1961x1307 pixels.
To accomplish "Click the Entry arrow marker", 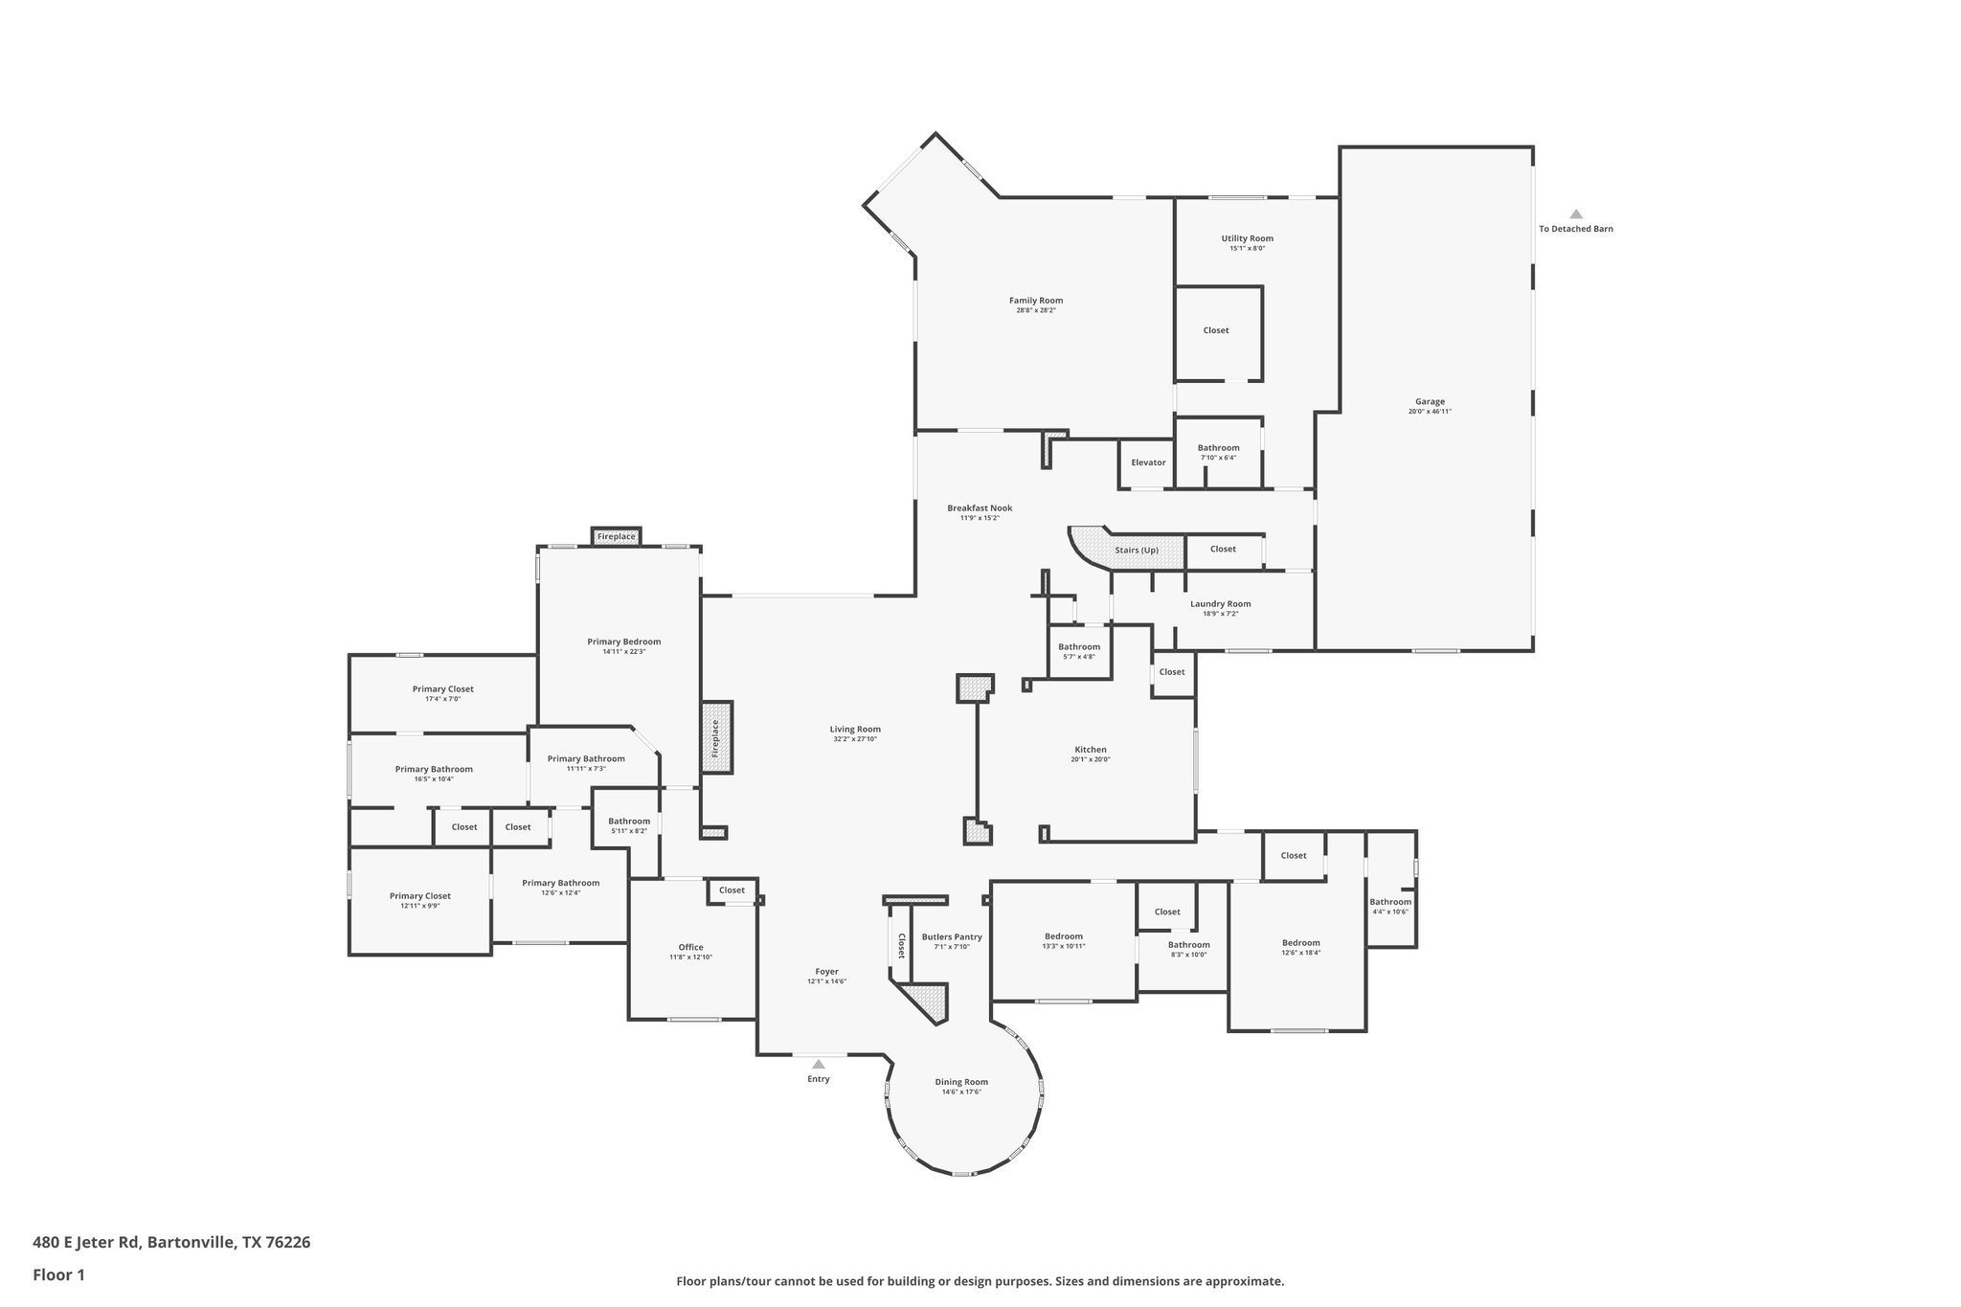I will pos(818,1064).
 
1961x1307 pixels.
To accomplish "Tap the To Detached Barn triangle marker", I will pos(1575,214).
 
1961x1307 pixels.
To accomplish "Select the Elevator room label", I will pos(1148,462).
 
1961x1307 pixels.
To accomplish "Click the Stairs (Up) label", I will pos(1137,550).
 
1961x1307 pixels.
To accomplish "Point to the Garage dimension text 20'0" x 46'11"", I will pos(1430,412).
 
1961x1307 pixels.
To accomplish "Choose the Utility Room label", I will pos(1247,238).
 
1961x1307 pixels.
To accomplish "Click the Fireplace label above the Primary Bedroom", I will pos(616,537).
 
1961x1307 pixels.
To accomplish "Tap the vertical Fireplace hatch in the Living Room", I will pos(715,737).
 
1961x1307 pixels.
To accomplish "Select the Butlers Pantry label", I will pos(952,937).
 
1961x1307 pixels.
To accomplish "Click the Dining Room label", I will pos(961,1082).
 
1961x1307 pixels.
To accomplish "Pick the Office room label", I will pos(690,947).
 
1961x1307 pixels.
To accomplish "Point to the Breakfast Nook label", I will pos(980,508).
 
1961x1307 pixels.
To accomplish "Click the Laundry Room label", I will pos(1220,604).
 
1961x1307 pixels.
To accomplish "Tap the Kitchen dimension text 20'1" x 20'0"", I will pos(1090,759).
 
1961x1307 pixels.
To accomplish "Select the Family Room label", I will pos(1035,301).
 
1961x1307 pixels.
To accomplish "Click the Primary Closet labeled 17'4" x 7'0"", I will pos(442,689).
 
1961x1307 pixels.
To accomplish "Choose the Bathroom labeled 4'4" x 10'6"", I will pos(1389,902).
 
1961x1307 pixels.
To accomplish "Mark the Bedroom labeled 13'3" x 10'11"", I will pos(1063,936).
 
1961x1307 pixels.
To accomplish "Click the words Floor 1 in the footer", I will pos(58,1274).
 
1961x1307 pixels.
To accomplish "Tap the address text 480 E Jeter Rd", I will pos(87,1243).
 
